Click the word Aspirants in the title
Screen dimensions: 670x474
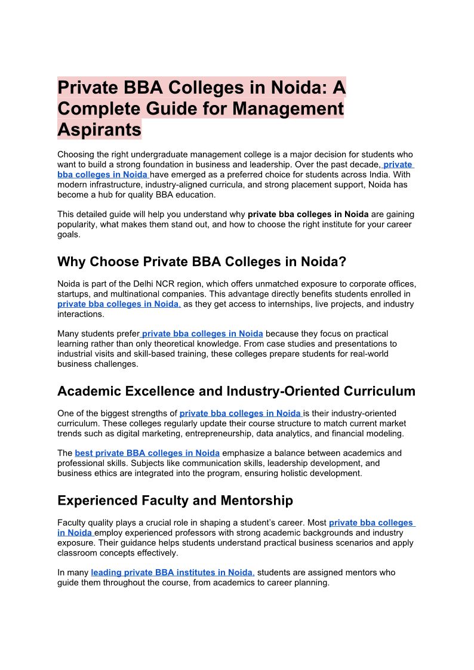pos(99,129)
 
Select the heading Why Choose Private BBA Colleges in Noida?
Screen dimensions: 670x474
pos(202,262)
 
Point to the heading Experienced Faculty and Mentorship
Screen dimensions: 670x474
pos(175,500)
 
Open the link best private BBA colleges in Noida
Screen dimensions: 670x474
pos(147,453)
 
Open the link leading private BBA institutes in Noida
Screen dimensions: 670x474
pos(173,572)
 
